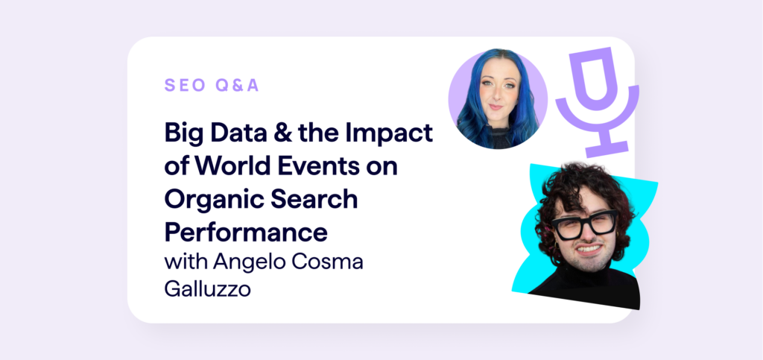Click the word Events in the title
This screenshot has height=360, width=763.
point(320,168)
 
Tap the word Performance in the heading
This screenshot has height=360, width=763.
point(246,232)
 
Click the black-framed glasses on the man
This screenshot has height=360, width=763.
point(586,224)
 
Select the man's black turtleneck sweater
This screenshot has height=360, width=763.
point(589,287)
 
